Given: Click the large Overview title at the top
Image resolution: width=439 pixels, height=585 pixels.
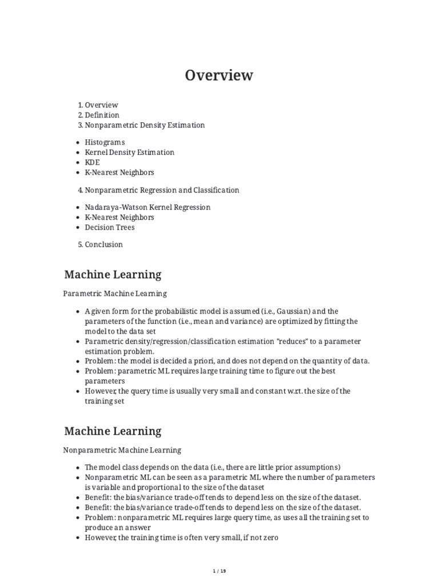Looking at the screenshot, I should (219, 75).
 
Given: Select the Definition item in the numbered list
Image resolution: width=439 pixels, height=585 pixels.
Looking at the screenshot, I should (102, 115).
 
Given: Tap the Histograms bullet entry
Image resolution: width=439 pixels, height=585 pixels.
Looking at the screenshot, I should (105, 142).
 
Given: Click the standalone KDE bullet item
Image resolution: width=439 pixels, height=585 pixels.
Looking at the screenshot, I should (92, 162).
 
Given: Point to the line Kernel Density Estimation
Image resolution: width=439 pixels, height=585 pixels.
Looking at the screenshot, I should (129, 153).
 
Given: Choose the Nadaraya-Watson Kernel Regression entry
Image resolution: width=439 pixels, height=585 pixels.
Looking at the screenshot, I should (147, 207).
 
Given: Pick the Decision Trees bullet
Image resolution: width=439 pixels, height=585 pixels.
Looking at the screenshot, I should (110, 227).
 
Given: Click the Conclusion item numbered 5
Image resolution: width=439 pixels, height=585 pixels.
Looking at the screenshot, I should (103, 245).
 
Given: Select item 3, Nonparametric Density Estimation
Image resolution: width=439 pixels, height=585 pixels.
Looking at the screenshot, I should (145, 125).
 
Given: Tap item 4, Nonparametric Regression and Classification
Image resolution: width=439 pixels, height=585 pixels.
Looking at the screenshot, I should (162, 190).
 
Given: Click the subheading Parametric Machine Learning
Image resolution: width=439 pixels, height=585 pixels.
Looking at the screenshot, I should (115, 294).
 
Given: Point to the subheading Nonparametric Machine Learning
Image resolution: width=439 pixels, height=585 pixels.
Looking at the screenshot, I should (122, 450).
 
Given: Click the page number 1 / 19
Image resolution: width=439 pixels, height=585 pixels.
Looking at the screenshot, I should (219, 571).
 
